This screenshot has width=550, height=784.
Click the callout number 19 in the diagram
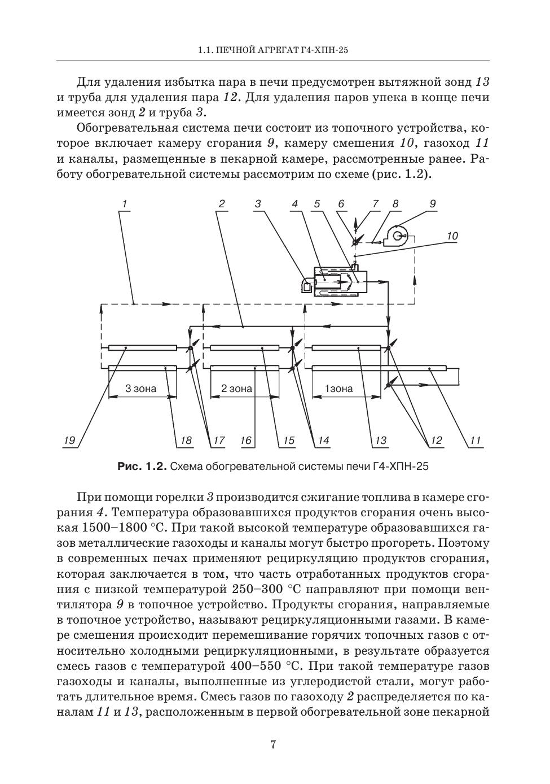coord(69,441)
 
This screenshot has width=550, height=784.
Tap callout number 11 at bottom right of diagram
coord(476,441)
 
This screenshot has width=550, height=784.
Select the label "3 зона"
coord(140,389)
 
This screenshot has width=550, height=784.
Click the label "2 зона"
coord(236,389)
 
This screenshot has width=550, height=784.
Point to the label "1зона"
coord(338,389)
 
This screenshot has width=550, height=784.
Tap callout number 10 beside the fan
coord(452,236)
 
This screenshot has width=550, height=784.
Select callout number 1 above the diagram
coord(124,204)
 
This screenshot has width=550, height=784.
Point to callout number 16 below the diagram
coord(246,441)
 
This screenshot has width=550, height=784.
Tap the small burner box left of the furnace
coord(307,286)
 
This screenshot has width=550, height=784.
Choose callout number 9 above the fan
coord(433,204)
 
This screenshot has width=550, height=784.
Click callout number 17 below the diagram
coord(218,441)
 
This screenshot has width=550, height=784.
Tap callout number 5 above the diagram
coord(317,204)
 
